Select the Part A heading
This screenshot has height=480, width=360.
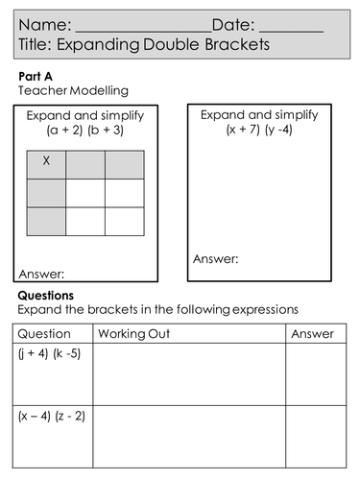36,75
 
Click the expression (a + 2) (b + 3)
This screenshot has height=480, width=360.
85,132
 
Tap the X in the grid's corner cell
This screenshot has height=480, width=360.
46,162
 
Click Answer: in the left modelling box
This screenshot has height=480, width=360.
41,271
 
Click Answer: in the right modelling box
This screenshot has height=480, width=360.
216,258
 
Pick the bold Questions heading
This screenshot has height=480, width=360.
46,296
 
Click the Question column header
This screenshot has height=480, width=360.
44,334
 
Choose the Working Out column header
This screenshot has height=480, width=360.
133,334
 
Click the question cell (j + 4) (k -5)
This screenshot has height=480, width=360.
49,354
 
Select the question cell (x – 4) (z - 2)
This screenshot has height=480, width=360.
51,417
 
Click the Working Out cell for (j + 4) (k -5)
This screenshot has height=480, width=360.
188,374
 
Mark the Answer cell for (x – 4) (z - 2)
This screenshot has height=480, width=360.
316,437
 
